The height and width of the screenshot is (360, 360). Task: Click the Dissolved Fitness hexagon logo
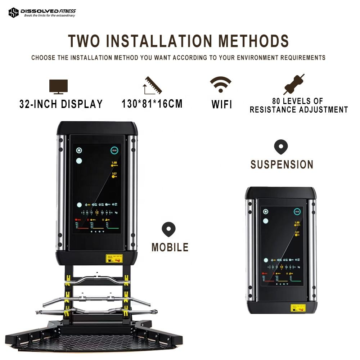[13, 13]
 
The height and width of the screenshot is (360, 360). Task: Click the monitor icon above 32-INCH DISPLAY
[58, 87]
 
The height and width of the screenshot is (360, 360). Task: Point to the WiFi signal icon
[221, 85]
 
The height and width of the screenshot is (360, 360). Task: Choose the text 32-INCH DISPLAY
[61, 104]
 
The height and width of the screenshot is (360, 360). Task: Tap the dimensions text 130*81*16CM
[152, 104]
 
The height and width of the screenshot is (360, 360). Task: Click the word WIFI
[221, 105]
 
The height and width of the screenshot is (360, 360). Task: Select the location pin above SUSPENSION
[281, 147]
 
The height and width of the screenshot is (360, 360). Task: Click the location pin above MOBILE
[168, 229]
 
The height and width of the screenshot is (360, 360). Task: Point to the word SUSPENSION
[282, 165]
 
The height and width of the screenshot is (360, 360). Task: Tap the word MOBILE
[170, 247]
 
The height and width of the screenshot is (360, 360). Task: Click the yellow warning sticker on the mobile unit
[114, 258]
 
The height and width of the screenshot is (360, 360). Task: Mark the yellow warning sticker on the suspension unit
[298, 308]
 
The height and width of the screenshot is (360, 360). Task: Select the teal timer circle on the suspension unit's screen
[297, 212]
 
